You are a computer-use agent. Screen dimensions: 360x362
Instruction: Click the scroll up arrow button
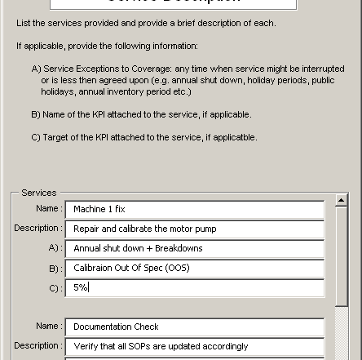click(341, 200)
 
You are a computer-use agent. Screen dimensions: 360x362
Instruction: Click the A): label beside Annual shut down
click(54, 248)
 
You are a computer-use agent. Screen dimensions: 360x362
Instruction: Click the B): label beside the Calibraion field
click(54, 268)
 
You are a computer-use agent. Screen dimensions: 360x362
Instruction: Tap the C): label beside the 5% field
click(54, 287)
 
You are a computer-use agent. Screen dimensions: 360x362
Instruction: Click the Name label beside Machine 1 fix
click(48, 209)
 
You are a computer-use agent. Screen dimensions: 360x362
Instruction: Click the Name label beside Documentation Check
click(48, 327)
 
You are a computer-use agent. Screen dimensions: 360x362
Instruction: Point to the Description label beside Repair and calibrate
click(37, 229)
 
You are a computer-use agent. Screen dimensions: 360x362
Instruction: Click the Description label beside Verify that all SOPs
click(37, 346)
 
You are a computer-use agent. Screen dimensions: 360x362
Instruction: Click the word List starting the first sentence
click(22, 23)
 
